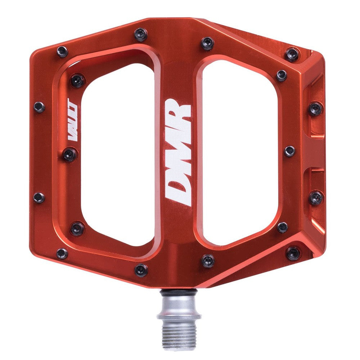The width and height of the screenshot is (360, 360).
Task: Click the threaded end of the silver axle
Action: coord(176,337)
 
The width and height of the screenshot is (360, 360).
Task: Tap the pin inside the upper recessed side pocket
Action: coord(315,108)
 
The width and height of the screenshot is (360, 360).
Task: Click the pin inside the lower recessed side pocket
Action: coord(316,197)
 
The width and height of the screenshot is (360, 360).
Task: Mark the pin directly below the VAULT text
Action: coord(70,155)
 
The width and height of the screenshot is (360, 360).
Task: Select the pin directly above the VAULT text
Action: coord(77,81)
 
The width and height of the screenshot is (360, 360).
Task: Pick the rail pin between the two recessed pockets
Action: coord(289,151)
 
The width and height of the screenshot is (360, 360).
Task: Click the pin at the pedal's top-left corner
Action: coord(62,52)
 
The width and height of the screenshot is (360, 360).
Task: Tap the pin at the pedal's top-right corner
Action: coord(292,54)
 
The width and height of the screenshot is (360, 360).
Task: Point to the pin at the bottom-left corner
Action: coord(62,253)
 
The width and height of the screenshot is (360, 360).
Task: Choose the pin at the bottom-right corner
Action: coord(293,253)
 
